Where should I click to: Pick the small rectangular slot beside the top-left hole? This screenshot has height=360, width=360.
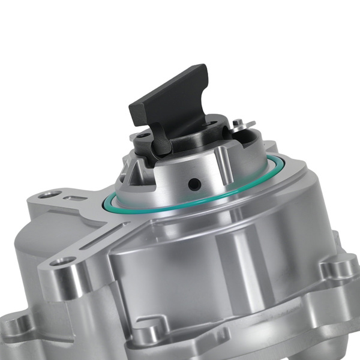point(74,197)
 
